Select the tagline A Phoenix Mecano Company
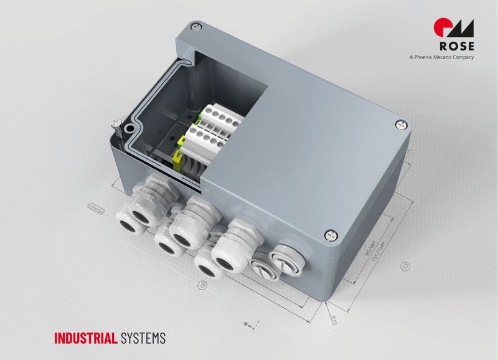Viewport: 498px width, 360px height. (442, 58)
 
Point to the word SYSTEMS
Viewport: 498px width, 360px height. (144, 339)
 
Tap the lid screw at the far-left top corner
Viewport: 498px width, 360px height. (197, 26)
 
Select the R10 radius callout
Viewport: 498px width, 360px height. (333, 320)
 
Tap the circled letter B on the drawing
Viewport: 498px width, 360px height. (202, 285)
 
